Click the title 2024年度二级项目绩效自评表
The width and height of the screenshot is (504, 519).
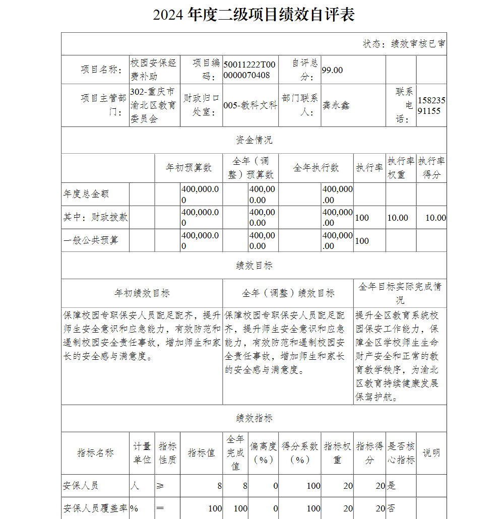tap(254, 15)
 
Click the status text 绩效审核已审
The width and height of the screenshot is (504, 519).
tap(404, 44)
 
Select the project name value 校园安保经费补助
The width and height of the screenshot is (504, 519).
tap(153, 70)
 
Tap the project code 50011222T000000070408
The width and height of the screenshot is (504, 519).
tap(249, 70)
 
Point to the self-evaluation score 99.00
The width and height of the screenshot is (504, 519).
tap(332, 70)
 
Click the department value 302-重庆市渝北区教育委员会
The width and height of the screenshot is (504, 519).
tap(153, 105)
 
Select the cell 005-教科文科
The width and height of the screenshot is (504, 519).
tap(250, 105)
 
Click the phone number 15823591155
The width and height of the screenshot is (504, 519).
tap(431, 105)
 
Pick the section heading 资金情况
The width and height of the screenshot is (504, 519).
tap(254, 140)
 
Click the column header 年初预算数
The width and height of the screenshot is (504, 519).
tap(189, 168)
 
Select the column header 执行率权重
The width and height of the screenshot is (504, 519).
tap(401, 168)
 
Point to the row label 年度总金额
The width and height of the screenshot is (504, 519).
tap(86, 194)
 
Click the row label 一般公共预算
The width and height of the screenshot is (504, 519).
tap(91, 240)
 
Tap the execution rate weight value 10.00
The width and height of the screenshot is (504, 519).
tap(397, 218)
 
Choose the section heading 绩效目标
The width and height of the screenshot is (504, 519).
tap(254, 266)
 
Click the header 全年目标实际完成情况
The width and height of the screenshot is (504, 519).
tap(400, 293)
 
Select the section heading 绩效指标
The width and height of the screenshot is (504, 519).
tap(254, 418)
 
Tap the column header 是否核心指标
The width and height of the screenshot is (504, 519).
tap(401, 452)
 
